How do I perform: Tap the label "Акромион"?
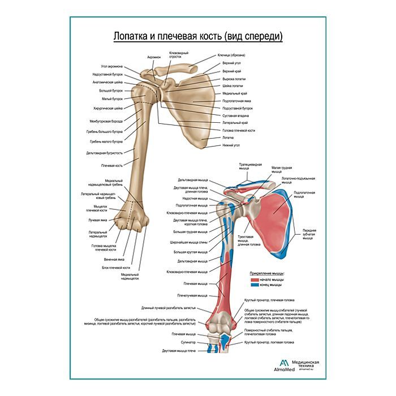(154, 57)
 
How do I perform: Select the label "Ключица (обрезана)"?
(231, 55)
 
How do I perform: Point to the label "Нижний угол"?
(231, 145)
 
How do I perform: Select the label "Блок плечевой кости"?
(116, 267)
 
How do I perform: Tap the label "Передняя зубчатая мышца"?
(309, 234)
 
